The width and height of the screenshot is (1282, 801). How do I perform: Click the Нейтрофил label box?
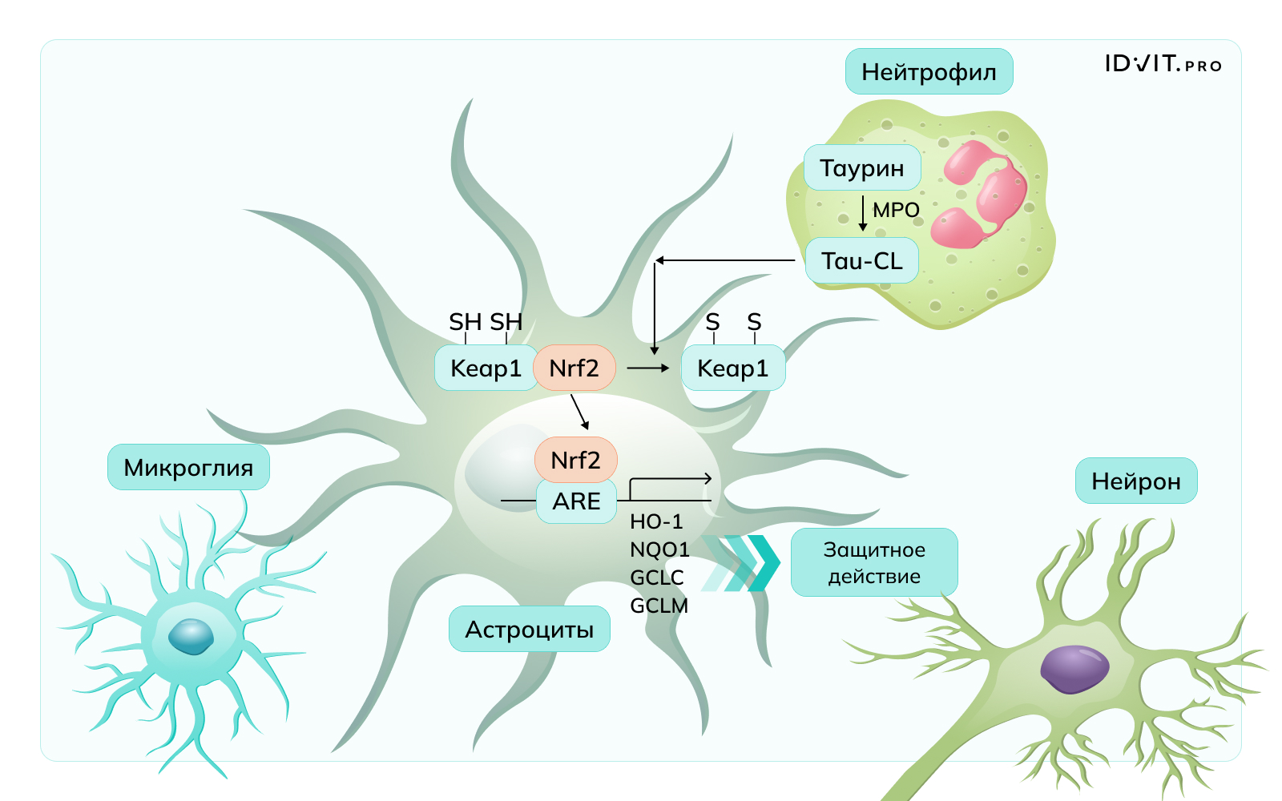(x=929, y=72)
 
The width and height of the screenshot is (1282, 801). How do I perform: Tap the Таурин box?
(x=862, y=168)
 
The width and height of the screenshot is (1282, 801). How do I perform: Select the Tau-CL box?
(x=862, y=261)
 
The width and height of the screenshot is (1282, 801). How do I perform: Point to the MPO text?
(x=896, y=211)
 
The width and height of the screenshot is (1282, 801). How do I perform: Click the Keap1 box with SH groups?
(x=486, y=368)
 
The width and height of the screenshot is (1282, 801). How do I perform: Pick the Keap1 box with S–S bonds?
(x=732, y=368)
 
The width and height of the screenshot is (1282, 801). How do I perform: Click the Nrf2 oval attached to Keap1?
(x=574, y=368)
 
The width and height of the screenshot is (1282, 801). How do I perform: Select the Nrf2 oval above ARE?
(x=576, y=461)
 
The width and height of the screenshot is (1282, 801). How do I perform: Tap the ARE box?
(x=576, y=501)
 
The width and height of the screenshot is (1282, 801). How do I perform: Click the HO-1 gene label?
(x=656, y=522)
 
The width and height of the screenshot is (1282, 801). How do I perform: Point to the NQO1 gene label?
(x=659, y=550)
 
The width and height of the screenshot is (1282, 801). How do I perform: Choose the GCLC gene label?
(x=657, y=578)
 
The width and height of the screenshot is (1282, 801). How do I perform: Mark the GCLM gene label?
(x=659, y=606)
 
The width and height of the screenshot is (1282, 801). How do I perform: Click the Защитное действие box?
(x=874, y=562)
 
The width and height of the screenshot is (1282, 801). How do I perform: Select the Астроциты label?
(x=530, y=630)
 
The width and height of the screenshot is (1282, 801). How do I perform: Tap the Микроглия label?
(x=188, y=468)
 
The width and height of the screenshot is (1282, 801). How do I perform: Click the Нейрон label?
(x=1136, y=481)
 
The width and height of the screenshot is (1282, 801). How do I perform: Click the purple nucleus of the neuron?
(x=1074, y=669)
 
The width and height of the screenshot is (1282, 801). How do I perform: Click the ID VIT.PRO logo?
(x=1163, y=64)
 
